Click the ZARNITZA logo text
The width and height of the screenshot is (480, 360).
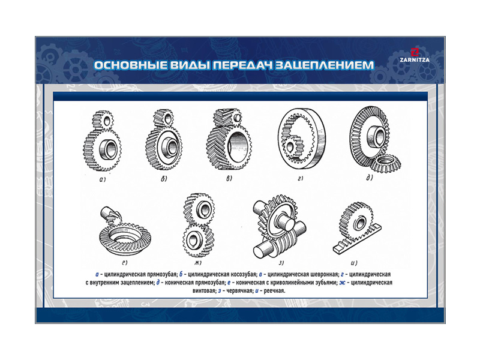[415, 60]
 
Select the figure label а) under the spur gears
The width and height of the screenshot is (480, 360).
[103, 179]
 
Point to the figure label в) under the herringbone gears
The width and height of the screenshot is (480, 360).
[229, 178]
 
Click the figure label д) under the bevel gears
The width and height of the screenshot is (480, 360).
[370, 178]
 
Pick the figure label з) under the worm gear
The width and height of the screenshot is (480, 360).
[281, 263]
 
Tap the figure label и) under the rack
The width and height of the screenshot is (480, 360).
[354, 263]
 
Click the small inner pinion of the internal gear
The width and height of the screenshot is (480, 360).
[295, 146]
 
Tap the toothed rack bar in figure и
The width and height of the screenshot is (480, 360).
[358, 239]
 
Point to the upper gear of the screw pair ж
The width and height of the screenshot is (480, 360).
[199, 209]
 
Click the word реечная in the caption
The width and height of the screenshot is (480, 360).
[274, 291]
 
